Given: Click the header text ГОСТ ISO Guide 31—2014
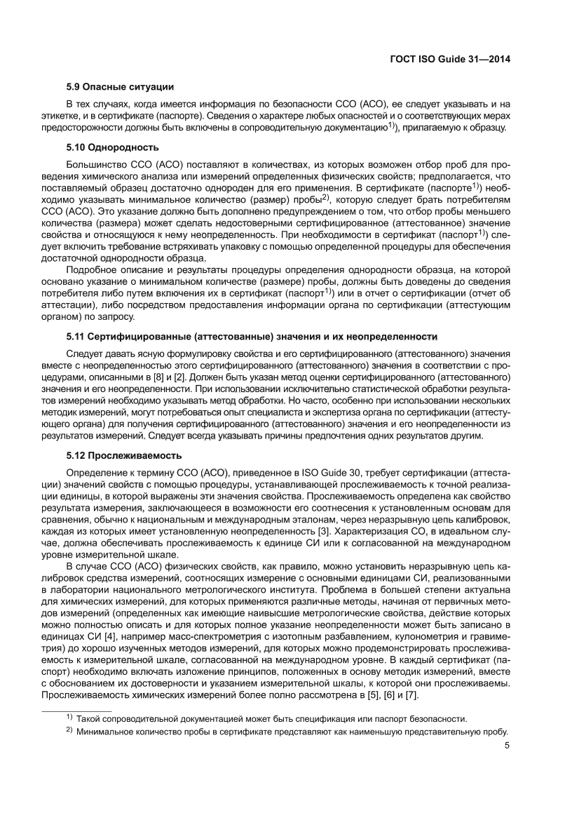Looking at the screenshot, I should click(x=449, y=60).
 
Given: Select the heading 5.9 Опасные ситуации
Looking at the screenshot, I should click(x=120, y=86).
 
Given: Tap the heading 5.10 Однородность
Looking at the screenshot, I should click(x=112, y=147).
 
